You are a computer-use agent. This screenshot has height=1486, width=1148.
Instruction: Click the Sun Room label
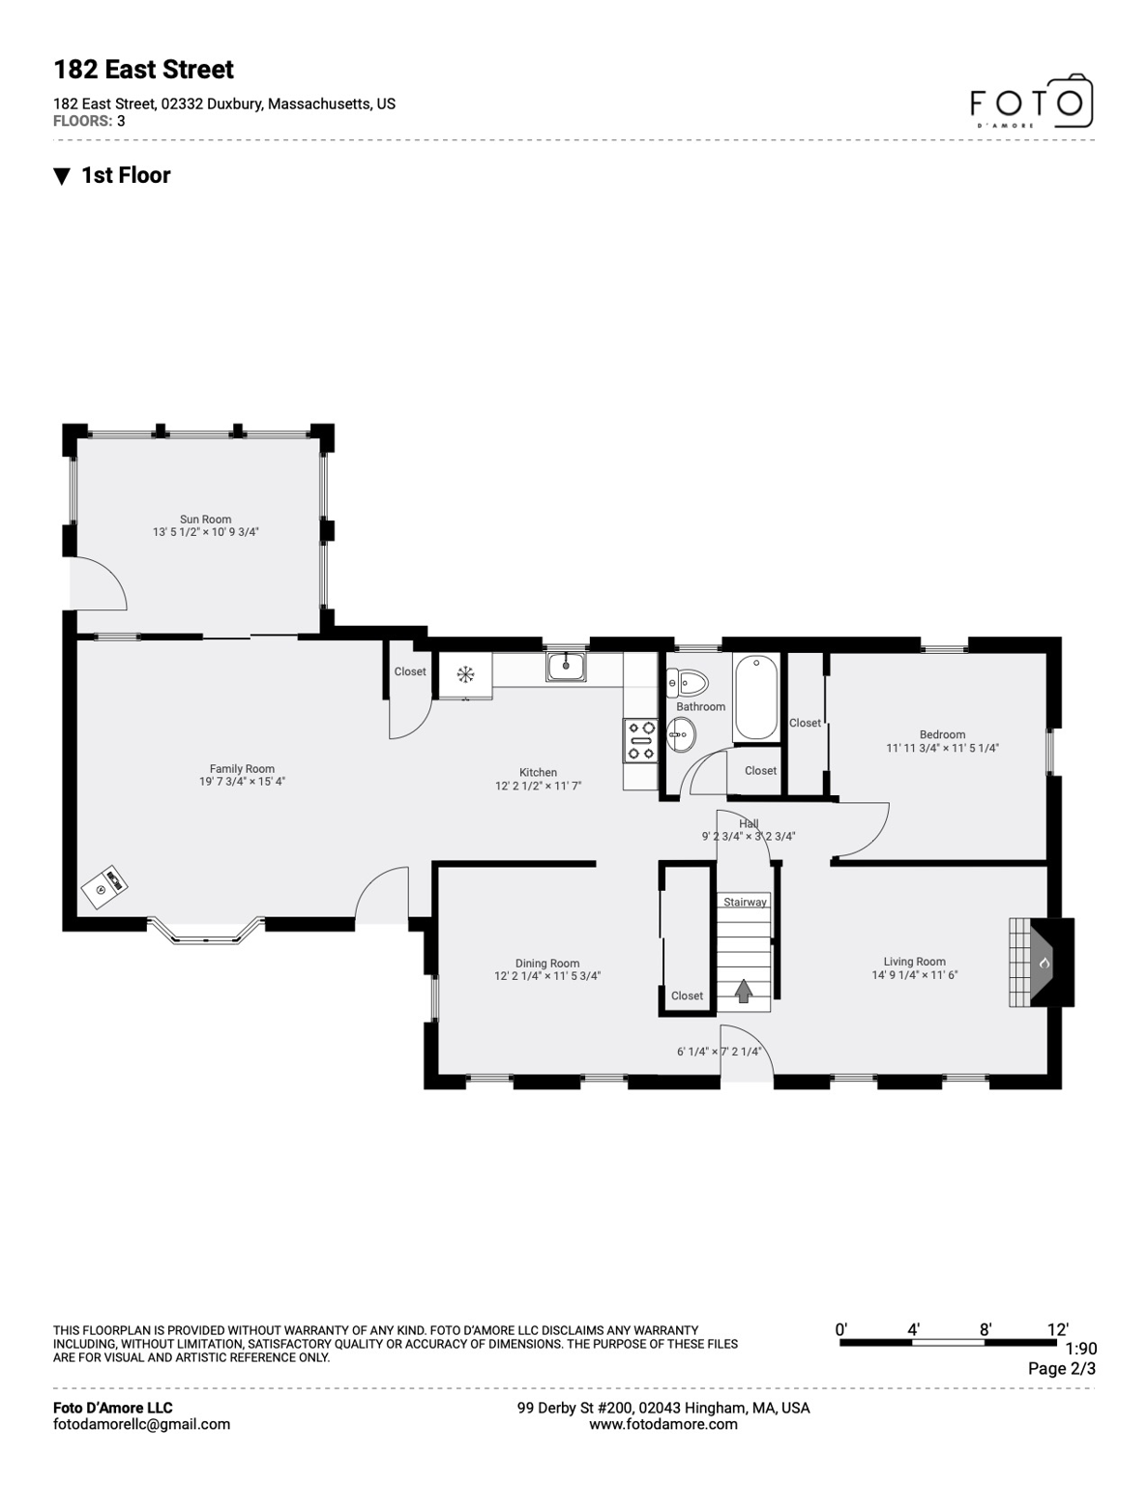205,520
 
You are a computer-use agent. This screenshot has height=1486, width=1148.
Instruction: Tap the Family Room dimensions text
242,782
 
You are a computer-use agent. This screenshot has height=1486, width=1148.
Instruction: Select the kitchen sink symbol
566,667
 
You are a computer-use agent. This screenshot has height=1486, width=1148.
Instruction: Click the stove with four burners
640,740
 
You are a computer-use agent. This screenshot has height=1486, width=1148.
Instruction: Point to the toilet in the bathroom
688,683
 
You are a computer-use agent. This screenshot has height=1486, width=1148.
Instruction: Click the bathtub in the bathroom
755,697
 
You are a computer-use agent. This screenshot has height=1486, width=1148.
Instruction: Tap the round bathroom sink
680,734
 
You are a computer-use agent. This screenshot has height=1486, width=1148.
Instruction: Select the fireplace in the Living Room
1044,964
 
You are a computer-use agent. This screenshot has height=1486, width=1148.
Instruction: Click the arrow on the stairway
744,991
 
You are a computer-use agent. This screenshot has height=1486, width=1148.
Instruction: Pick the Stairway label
745,903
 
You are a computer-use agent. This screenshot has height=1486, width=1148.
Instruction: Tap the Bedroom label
942,734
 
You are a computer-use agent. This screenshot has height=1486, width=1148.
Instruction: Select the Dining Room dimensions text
547,976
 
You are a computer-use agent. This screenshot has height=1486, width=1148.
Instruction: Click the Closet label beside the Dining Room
687,996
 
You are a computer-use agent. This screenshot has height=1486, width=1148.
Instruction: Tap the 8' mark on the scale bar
985,1330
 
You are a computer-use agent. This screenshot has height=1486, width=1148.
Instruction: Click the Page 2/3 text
1061,1368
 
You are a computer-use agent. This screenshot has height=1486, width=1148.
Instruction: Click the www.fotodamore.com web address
662,1424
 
